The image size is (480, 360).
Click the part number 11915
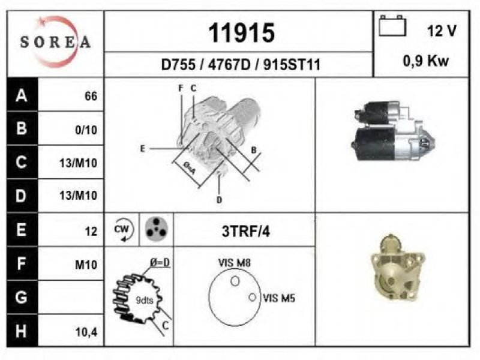tap(242, 33)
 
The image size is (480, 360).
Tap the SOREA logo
tap(55, 42)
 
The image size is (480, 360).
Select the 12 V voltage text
tap(442, 31)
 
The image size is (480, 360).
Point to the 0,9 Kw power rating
tap(425, 61)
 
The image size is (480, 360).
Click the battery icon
tap(392, 26)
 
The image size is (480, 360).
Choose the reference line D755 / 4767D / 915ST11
tap(241, 65)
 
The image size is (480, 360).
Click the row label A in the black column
tap(22, 95)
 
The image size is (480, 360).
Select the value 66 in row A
tap(91, 96)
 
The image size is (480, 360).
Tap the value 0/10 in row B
tap(86, 130)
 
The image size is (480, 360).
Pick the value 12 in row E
tap(91, 232)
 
